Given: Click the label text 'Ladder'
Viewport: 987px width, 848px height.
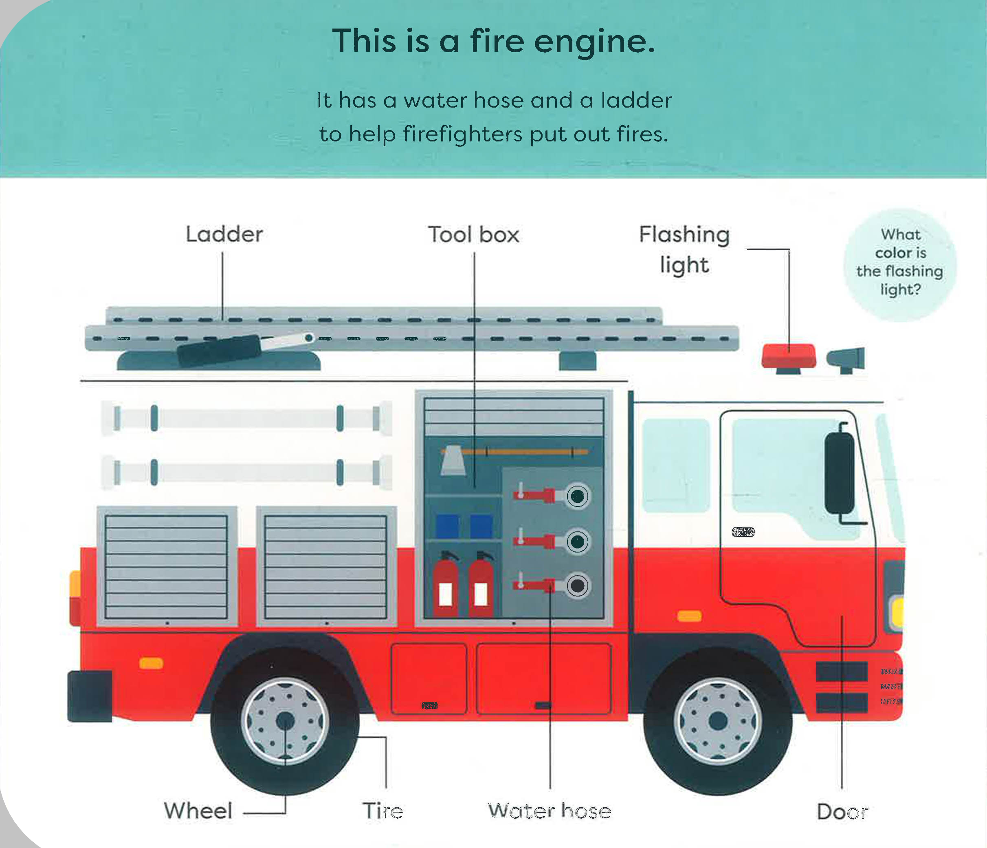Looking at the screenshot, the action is point(224,234).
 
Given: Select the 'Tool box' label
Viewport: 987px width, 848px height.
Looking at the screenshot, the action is point(473,234).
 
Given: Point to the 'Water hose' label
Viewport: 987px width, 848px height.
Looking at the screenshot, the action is point(549,811).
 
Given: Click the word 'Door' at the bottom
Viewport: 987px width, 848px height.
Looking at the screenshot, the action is point(842,811).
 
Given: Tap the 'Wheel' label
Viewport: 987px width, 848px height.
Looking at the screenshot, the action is point(198,810).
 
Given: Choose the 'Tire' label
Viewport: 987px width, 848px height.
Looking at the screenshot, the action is point(382,810).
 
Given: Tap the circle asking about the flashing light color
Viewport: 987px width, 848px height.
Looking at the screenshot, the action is point(900,265).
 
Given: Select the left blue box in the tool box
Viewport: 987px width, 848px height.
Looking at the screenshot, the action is point(447,526).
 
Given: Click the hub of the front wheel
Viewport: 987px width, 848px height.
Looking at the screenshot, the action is point(717,721).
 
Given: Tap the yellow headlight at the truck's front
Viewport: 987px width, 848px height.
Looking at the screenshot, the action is point(897,612).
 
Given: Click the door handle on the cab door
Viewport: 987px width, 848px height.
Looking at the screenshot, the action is point(743,532).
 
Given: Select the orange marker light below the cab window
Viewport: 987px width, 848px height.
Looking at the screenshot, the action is point(689,616).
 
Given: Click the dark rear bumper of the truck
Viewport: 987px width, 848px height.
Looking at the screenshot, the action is point(90,696).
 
